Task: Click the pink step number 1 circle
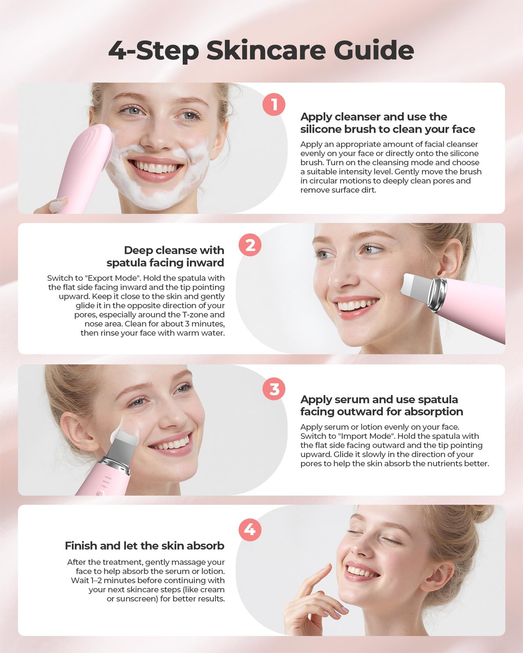[274, 104]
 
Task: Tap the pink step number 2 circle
[250, 245]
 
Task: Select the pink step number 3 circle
[274, 389]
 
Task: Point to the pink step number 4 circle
[250, 530]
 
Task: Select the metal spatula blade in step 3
[125, 437]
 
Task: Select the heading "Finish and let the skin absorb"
[145, 546]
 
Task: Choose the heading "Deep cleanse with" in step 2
[174, 250]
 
